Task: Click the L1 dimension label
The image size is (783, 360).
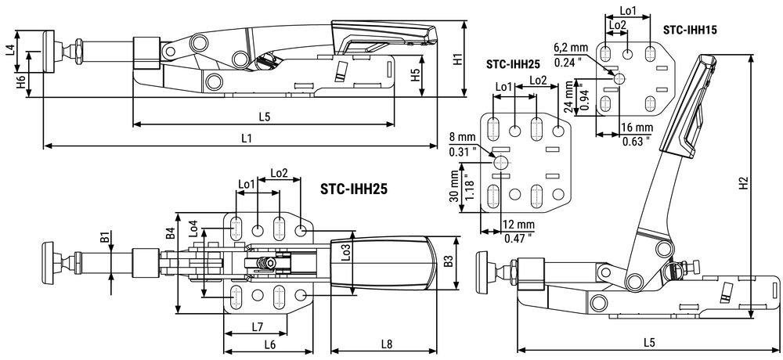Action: point(246,138)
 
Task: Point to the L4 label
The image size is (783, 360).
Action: point(9,51)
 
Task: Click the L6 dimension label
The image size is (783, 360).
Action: point(269,344)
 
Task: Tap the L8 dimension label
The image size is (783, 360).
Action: point(387,344)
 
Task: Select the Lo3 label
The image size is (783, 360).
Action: point(346,250)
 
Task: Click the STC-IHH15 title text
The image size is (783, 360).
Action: point(690,30)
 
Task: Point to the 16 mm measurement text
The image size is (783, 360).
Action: point(636,127)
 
